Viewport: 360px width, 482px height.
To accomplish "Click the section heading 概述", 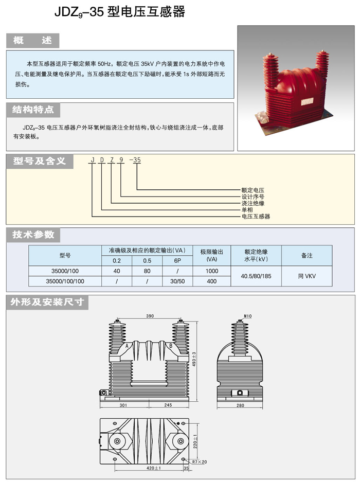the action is pos(32,40).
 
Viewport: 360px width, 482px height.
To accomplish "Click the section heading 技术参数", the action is pos(33,235).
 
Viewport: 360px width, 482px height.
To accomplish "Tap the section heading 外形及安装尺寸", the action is pos(47,302).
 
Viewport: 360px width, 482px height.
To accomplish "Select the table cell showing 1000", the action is pos(211,271).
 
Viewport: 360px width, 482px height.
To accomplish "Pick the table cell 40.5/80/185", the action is pos(256,276).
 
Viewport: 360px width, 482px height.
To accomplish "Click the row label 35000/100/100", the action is pos(65,281).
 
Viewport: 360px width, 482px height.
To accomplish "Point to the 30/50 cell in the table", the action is pos(177,281).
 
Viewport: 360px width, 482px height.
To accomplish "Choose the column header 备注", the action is pos(307,256).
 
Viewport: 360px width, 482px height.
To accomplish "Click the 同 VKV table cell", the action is pos(307,276).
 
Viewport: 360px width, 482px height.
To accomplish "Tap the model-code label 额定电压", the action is pos(253,190).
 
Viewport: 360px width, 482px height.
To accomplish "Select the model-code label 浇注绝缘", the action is pos(253,203).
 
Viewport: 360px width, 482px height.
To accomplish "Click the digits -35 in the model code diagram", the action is pos(135,160).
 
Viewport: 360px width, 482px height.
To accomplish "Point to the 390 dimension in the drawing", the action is pos(150,316).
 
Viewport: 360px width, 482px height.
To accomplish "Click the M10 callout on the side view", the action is pos(248,316).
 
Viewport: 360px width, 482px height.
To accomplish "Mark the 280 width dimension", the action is pos(240,405).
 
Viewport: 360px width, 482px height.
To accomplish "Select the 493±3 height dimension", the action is pos(194,359).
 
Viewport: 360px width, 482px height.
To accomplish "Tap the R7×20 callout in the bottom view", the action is pos(200,462).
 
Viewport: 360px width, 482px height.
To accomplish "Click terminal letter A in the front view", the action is pos(127,346).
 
